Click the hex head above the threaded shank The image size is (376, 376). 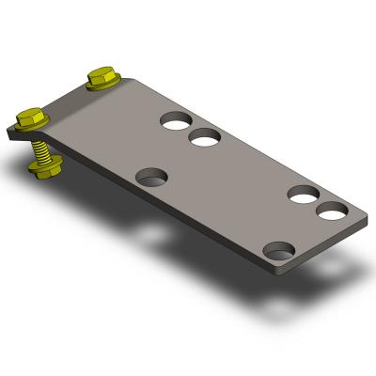[31, 118]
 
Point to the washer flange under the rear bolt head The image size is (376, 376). [102, 85]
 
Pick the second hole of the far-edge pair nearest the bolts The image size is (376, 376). [204, 139]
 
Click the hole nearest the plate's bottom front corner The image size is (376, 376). [278, 251]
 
